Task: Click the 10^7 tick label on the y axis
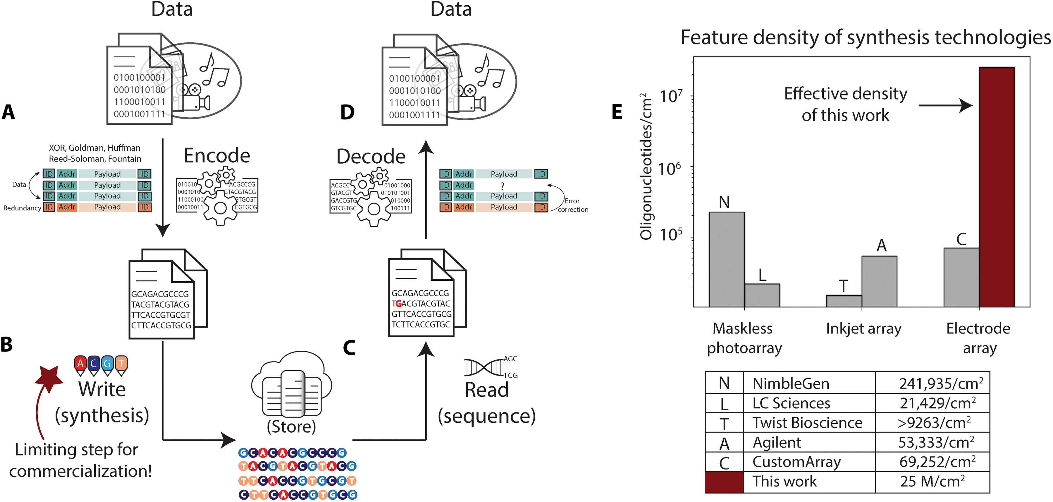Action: (x=670, y=97)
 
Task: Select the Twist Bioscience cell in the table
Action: (x=807, y=423)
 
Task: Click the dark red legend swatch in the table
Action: (x=724, y=482)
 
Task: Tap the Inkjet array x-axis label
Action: (x=863, y=328)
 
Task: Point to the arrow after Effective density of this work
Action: (x=945, y=106)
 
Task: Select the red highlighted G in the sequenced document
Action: (x=399, y=304)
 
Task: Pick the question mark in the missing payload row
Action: (x=503, y=186)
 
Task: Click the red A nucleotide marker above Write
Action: (x=80, y=363)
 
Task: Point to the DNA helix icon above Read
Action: (x=484, y=367)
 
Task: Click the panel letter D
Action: (x=347, y=112)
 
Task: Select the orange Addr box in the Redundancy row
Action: (x=67, y=207)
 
